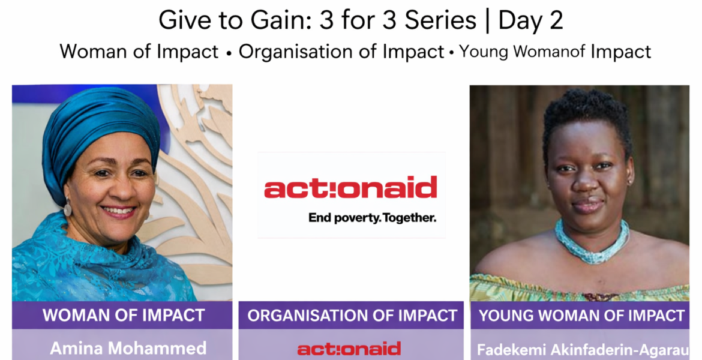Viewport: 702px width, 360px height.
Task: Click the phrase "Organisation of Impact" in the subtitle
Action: pos(341,52)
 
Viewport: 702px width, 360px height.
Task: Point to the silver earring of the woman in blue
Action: pos(68,207)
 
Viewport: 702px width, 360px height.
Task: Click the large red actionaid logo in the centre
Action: pos(350,187)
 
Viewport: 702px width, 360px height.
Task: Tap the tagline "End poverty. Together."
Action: pos(372,218)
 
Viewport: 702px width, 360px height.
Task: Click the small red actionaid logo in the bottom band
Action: pos(349,349)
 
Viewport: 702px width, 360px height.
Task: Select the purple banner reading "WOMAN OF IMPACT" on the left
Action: pos(122,315)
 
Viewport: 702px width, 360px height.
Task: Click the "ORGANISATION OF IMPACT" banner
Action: pos(351,315)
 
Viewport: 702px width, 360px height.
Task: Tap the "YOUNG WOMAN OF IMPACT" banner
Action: pos(580,315)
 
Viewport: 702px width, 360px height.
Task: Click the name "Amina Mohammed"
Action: pos(128,348)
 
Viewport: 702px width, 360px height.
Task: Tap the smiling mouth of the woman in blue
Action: pos(118,211)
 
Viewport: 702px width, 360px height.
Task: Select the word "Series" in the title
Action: pos(440,20)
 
